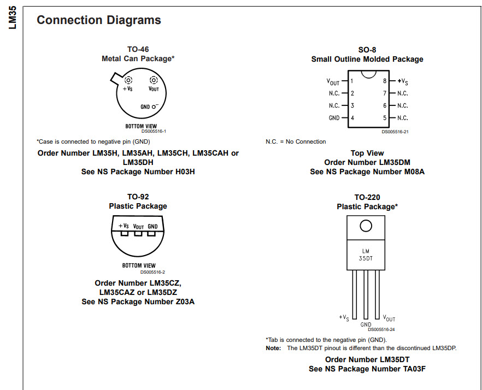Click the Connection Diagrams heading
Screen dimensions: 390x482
(x=98, y=20)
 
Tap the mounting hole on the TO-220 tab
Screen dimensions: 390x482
(x=366, y=226)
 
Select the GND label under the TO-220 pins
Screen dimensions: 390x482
(x=366, y=324)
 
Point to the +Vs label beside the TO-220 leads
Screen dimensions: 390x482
(x=344, y=317)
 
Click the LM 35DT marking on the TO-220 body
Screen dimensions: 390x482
(x=366, y=255)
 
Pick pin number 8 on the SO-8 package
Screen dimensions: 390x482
(x=385, y=81)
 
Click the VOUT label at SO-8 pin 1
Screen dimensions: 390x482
(x=333, y=81)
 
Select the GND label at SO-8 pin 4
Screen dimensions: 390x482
(x=334, y=118)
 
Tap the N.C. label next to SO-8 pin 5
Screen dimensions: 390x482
(x=402, y=118)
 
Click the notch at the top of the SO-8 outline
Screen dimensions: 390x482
(x=368, y=73)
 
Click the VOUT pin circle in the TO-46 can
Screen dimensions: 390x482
(x=154, y=80)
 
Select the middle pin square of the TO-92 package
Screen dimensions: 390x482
(x=138, y=233)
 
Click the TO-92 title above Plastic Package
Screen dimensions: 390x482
(x=138, y=197)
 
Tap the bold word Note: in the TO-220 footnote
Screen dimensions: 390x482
(x=273, y=348)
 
